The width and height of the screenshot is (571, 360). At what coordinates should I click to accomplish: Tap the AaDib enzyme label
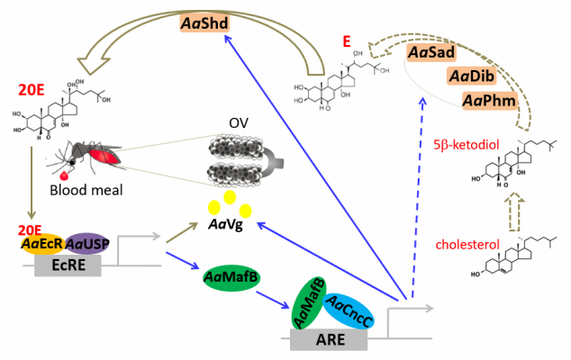click(468, 76)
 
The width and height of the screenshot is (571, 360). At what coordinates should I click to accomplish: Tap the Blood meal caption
click(86, 191)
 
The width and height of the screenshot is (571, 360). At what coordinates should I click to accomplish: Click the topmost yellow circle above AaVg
click(231, 197)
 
